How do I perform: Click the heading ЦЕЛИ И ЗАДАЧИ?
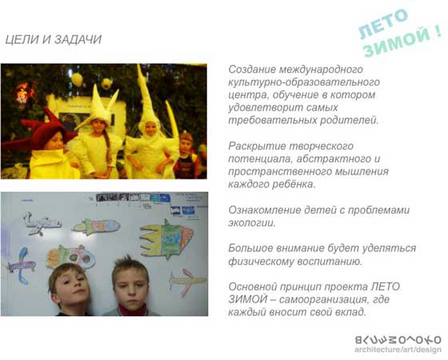[54, 39]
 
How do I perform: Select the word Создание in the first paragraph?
[251, 70]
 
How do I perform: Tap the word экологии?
[252, 223]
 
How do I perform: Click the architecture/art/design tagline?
[398, 350]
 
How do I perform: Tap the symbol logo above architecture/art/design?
[398, 340]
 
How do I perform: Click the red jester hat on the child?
[43, 129]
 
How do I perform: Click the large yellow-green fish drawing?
[167, 239]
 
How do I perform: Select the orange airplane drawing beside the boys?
[187, 282]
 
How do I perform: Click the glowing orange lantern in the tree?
[23, 93]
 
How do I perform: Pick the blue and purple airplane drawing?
[22, 266]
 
